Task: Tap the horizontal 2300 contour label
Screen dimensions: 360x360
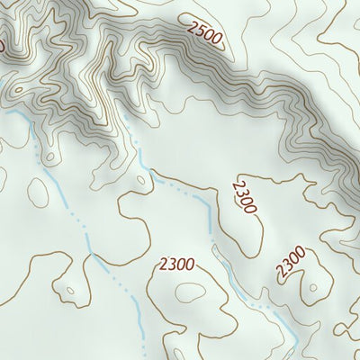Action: [175, 265]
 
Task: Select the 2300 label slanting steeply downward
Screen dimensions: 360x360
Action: [244, 196]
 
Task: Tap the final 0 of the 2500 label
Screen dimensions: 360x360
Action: [217, 37]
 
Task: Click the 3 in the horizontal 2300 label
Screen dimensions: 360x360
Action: [171, 265]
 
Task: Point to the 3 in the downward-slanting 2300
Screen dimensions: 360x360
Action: [242, 193]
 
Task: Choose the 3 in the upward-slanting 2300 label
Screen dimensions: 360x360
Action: [288, 265]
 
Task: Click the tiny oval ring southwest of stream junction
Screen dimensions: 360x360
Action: [69, 291]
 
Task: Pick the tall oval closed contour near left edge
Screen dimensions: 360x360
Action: [39, 189]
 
